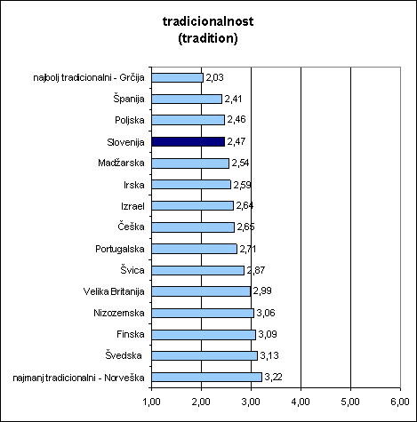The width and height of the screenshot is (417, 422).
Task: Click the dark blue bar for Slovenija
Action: pos(188,141)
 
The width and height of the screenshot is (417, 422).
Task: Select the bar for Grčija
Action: pos(178,77)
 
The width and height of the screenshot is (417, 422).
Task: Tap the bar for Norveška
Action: pos(207,377)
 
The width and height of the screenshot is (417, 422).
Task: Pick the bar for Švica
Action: pos(198,270)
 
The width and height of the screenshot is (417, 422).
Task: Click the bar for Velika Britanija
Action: pos(201,291)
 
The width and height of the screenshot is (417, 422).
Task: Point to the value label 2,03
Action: pos(214,77)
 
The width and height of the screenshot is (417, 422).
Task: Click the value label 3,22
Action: pos(273,377)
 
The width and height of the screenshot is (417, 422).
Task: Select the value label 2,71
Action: pos(248,249)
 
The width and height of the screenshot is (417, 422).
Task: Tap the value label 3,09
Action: pos(268,334)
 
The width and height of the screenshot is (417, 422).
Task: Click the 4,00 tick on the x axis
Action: pos(301,402)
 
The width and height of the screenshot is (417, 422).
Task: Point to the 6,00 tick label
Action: pos(400,402)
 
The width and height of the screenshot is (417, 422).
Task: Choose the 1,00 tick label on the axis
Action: pos(151,402)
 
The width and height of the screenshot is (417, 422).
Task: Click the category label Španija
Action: pos(129,99)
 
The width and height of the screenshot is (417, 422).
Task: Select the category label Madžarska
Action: pos(121,163)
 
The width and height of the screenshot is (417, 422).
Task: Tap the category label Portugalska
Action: pos(120,249)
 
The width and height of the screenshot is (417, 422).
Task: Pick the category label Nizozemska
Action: pos(119,313)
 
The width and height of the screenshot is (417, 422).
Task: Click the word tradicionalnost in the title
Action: pos(208,21)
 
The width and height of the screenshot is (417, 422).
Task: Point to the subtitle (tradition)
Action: pos(208,38)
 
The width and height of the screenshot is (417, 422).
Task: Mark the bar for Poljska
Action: pos(188,120)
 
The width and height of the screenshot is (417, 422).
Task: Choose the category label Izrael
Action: pos(132,206)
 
